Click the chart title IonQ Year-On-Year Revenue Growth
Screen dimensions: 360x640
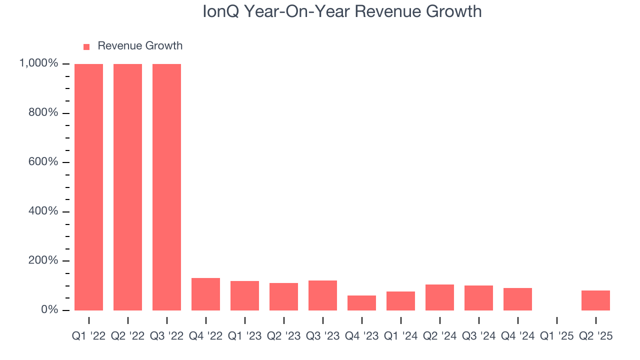342,11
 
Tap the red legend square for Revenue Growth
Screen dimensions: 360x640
86,46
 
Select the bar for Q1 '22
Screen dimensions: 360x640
88,187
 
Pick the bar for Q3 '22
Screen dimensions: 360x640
166,187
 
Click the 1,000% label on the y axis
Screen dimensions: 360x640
38,63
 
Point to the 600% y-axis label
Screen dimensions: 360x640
44,162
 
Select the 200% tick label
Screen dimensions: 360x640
44,260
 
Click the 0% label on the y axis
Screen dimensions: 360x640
49,310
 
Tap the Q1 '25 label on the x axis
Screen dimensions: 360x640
556,336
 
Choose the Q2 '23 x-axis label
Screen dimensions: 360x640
283,336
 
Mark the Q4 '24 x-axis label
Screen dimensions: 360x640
517,336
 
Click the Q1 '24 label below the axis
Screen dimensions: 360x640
400,336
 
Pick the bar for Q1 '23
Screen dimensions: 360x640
244,295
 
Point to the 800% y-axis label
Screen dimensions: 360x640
44,113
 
